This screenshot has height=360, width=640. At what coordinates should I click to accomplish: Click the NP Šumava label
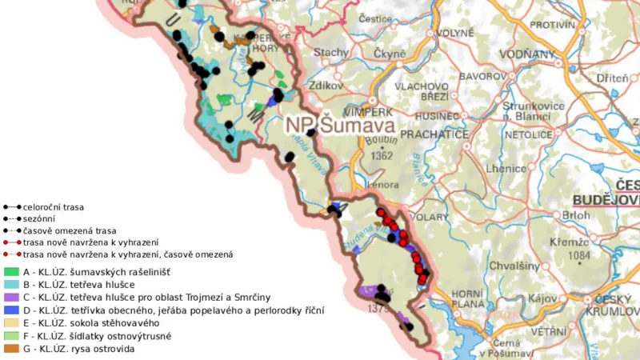coord(341,126)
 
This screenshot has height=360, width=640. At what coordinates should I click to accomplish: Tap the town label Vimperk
coord(368,112)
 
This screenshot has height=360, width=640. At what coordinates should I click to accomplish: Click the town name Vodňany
coord(527,54)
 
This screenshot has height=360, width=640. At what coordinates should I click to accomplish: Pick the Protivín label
coord(553,25)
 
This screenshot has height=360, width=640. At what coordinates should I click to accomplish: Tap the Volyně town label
coord(454,34)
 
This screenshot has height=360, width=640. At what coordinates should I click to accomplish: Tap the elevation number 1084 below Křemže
coord(578,256)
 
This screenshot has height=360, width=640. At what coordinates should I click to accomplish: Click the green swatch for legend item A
coord(10,272)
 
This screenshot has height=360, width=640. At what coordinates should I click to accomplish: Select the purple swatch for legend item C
coord(10,298)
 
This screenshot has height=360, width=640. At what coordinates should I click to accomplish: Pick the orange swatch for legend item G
coord(10,349)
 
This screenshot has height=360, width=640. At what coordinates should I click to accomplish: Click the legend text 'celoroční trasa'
coord(54,206)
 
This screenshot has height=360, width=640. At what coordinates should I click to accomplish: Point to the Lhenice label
coord(510,169)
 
